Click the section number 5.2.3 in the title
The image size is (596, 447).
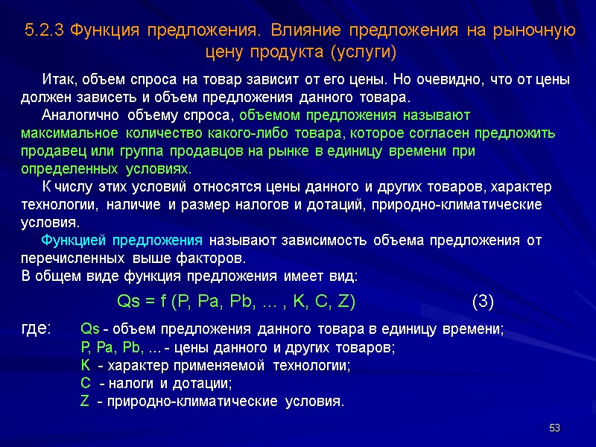tap(44, 31)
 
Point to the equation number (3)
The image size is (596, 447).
tap(483, 302)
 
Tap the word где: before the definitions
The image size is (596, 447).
tap(37, 329)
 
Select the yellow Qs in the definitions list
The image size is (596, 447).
tap(89, 329)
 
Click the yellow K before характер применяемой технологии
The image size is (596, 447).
tap(84, 366)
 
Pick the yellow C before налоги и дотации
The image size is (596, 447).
tap(84, 384)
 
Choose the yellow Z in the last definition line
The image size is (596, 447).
tap(84, 402)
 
